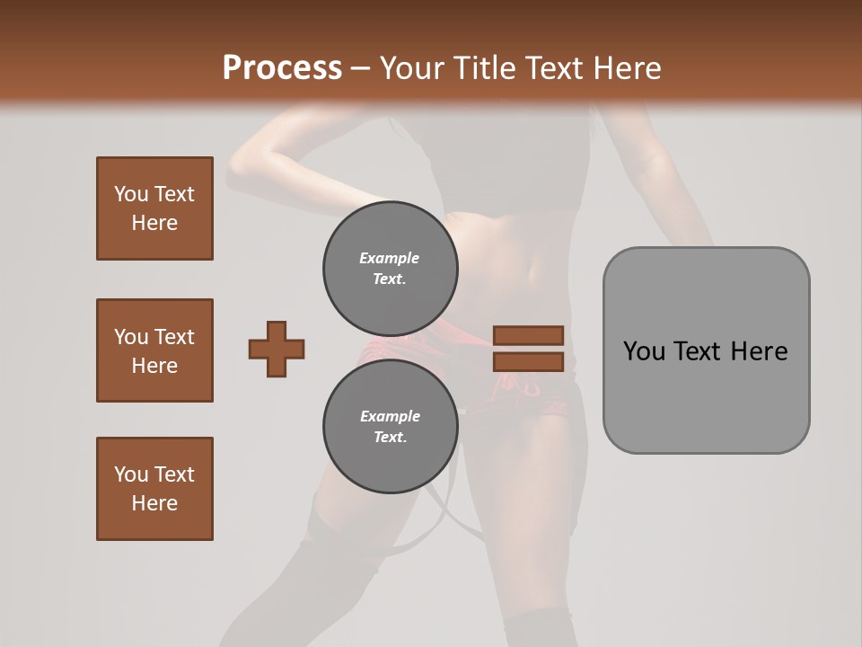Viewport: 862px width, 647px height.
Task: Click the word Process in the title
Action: pyautogui.click(x=282, y=67)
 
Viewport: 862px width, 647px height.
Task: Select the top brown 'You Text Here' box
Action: pyautogui.click(x=154, y=208)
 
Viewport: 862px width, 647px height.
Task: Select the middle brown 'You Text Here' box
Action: pyautogui.click(x=154, y=350)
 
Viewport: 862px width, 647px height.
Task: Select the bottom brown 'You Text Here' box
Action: pyautogui.click(x=154, y=489)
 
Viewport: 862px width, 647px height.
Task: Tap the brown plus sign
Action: pyautogui.click(x=277, y=349)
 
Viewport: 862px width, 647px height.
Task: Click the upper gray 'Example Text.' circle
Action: pyautogui.click(x=390, y=269)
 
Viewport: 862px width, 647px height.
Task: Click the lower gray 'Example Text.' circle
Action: pyautogui.click(x=390, y=427)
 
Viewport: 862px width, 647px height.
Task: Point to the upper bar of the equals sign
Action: pyautogui.click(x=528, y=335)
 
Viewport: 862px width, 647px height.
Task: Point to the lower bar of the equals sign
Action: pyautogui.click(x=528, y=362)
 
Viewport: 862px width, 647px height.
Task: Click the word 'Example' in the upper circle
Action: pyautogui.click(x=389, y=258)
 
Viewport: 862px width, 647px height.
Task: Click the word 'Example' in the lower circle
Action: pyautogui.click(x=390, y=416)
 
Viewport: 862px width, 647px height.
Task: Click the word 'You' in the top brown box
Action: pyautogui.click(x=131, y=194)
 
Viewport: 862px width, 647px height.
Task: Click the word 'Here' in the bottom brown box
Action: pyautogui.click(x=154, y=503)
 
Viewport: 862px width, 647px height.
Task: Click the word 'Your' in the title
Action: pyautogui.click(x=409, y=68)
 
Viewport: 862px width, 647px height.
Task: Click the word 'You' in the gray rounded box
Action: pyautogui.click(x=644, y=351)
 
